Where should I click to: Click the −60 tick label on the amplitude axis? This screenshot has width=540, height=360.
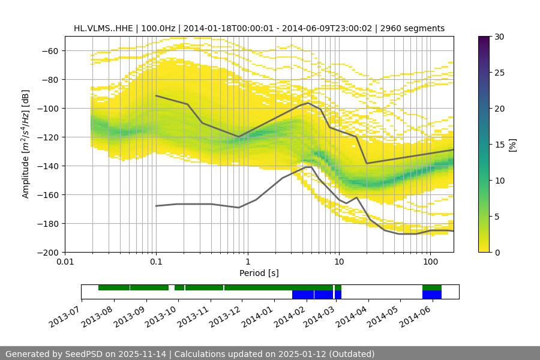tap(49, 50)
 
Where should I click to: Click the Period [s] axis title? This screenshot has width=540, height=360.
tap(259, 273)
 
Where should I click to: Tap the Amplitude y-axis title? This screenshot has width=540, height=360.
tap(26, 144)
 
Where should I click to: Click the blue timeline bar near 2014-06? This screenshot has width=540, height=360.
tap(432, 295)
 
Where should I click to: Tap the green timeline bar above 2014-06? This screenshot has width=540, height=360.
tap(432, 287)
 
